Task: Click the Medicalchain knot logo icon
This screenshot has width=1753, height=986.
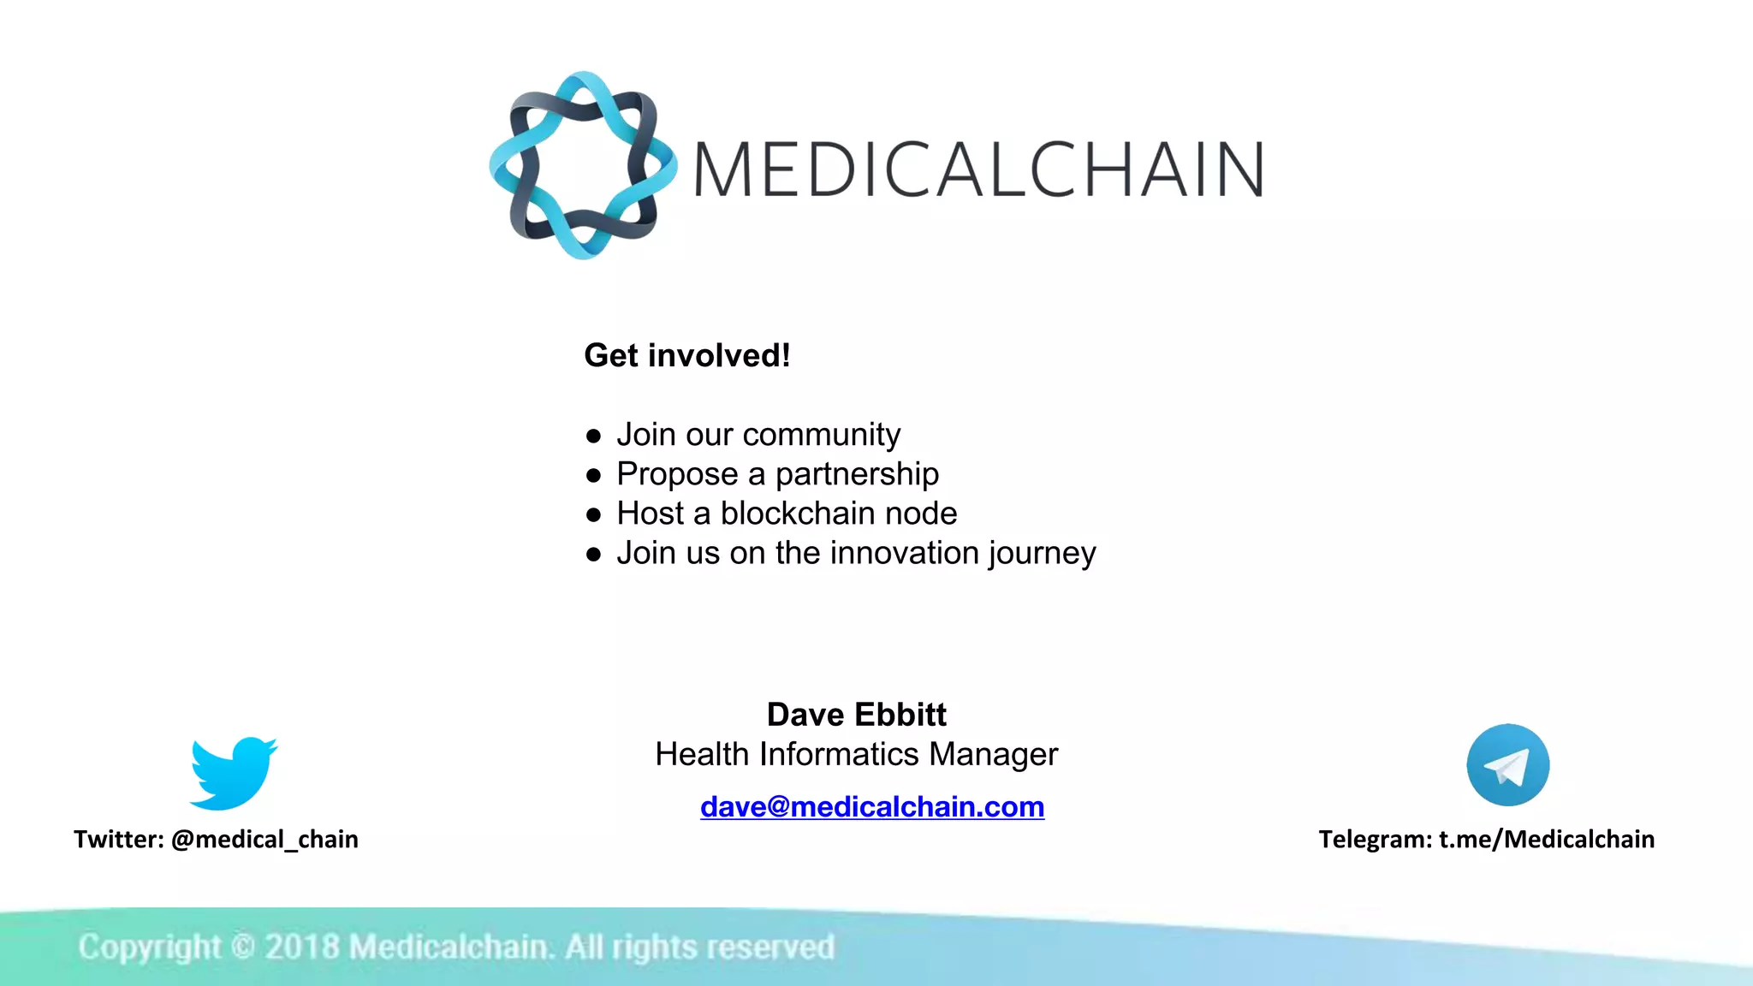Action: tap(583, 165)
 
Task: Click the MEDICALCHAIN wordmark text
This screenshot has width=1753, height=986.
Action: tap(978, 169)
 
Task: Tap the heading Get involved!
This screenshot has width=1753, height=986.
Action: tap(686, 355)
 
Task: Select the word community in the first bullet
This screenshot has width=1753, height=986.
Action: tap(821, 435)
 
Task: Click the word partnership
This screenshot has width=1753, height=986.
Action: tap(857, 474)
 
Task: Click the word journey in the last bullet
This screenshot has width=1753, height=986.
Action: tap(1042, 554)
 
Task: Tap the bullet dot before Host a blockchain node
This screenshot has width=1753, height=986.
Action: tap(594, 514)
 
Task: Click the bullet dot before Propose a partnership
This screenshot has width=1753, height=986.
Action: tap(594, 475)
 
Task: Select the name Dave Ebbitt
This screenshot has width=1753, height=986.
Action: tap(856, 714)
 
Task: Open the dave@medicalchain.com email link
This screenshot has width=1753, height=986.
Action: tap(871, 806)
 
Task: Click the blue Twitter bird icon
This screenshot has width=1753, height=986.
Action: tap(233, 772)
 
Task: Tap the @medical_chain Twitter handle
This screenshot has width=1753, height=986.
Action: tap(264, 839)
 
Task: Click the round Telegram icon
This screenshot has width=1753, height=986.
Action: tap(1507, 765)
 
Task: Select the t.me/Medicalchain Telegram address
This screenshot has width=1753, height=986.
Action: tap(1546, 839)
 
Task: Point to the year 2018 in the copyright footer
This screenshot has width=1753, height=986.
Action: tap(301, 947)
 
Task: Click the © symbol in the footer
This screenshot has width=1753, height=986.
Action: tap(242, 947)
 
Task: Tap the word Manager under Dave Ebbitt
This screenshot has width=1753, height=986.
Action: tap(993, 754)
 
